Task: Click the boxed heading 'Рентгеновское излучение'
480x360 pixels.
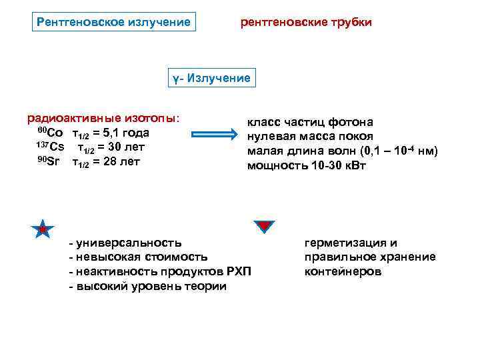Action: coord(113,23)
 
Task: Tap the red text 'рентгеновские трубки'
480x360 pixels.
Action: coord(306,23)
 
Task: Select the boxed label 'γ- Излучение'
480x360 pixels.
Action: coord(211,79)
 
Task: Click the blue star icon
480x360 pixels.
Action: coord(42,229)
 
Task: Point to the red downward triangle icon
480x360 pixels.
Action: coord(264,227)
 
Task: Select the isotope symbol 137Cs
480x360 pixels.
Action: coord(51,147)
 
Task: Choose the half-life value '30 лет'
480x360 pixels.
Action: coord(125,147)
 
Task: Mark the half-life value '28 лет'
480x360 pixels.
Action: coord(120,162)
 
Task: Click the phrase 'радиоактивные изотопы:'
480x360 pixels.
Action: coord(103,118)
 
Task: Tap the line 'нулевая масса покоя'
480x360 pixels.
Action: coord(310,137)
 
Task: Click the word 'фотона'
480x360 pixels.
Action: coord(351,122)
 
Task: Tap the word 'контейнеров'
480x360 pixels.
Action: coord(343,272)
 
